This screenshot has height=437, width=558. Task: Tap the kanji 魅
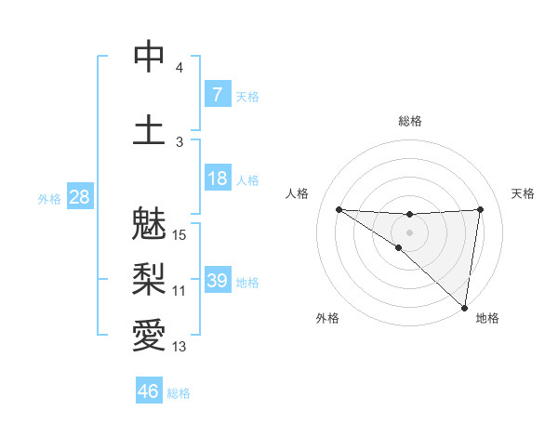click(149, 227)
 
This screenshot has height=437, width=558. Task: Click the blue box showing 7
click(217, 95)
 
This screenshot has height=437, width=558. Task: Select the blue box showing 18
click(217, 179)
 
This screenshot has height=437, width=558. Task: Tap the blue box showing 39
click(217, 281)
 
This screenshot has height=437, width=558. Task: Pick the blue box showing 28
click(79, 197)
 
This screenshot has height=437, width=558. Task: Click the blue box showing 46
click(149, 391)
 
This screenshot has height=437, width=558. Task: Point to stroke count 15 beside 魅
click(180, 235)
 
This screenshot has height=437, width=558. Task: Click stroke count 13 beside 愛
click(179, 347)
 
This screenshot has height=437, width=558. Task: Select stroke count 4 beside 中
click(179, 68)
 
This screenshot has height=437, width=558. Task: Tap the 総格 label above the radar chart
click(409, 121)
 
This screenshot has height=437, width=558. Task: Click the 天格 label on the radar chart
click(523, 193)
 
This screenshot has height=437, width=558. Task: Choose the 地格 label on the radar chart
click(487, 319)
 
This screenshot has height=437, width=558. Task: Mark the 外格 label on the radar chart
click(327, 319)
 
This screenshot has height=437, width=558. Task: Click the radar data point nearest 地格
click(465, 308)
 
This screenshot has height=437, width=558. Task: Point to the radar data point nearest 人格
click(339, 209)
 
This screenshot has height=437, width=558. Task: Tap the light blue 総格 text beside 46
click(179, 393)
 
